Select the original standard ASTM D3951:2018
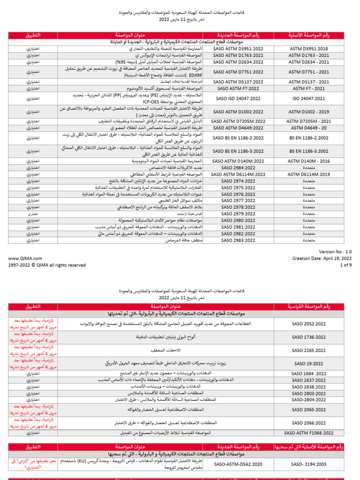(x=310, y=48)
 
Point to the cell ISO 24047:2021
(x=310, y=99)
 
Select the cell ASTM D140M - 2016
(x=310, y=161)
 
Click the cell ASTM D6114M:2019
(x=310, y=174)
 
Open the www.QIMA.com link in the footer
(x=25, y=258)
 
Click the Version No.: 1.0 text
(x=336, y=252)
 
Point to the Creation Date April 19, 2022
(x=322, y=258)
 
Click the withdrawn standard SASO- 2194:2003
(x=310, y=464)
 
